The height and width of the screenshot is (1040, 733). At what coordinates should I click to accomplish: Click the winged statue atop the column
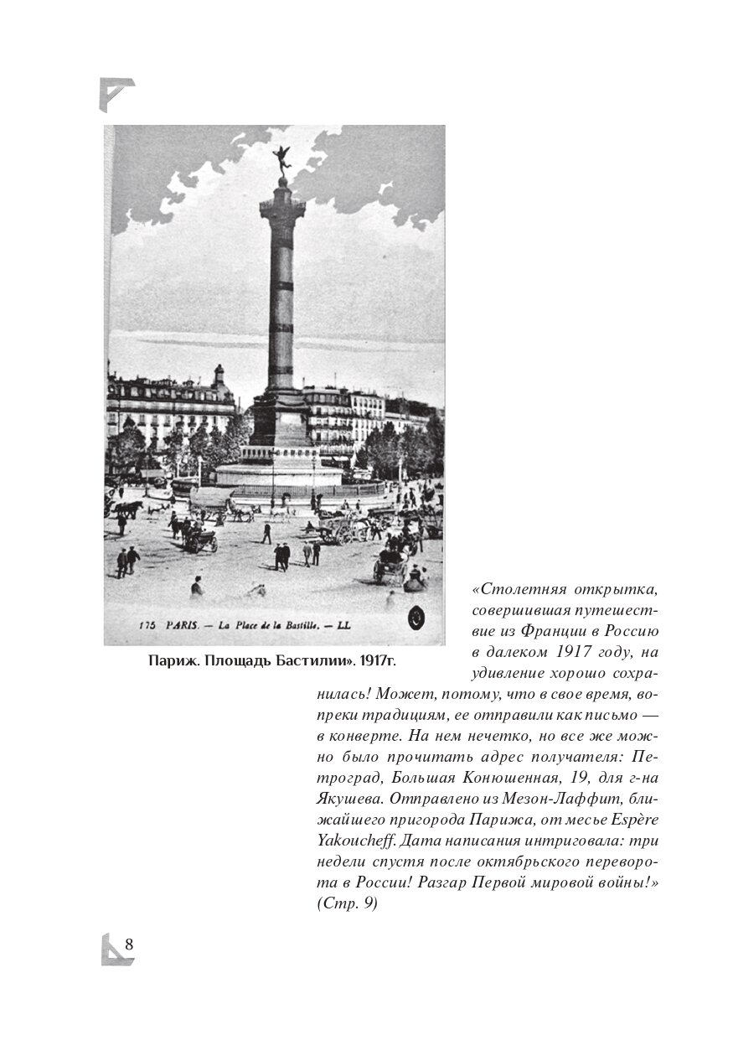(281, 159)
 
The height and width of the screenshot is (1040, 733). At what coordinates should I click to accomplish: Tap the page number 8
(129, 944)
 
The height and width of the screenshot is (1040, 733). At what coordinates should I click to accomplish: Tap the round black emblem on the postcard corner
(416, 618)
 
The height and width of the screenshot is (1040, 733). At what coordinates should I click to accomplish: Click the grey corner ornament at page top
(116, 93)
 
